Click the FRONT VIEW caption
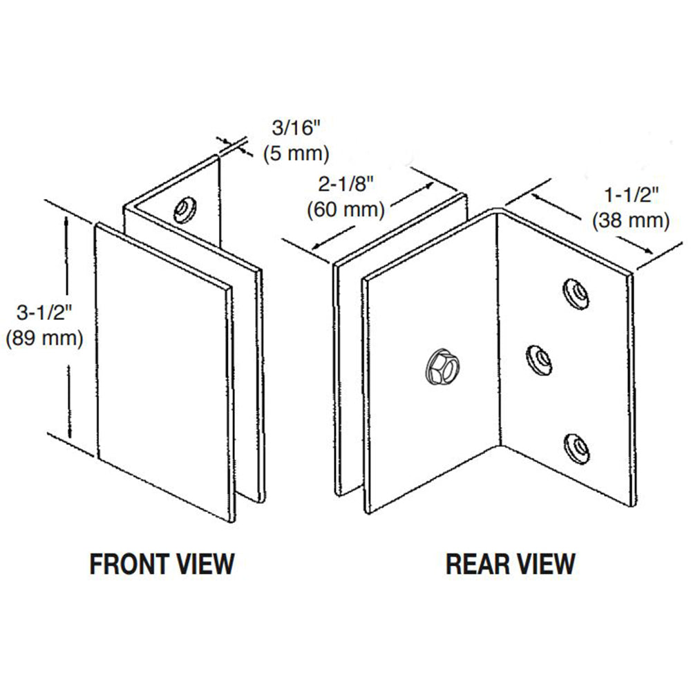tap(162, 564)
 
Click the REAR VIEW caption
tap(510, 564)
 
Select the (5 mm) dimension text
tap(296, 153)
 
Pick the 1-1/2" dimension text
tap(630, 195)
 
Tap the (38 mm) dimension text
tap(630, 220)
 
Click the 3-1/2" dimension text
tap(43, 312)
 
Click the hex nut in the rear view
tap(440, 365)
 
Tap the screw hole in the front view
tap(185, 208)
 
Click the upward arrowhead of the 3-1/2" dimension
tap(67, 223)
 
